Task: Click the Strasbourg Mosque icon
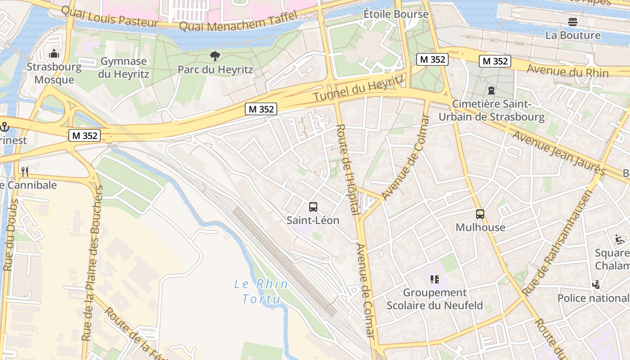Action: [54, 54]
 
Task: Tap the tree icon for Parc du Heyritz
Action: [215, 56]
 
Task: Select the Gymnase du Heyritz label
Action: [123, 67]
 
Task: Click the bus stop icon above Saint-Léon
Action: [313, 207]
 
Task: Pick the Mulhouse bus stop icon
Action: [480, 214]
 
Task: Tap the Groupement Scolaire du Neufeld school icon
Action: [434, 279]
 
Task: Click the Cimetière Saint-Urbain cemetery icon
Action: [491, 90]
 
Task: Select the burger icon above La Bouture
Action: [572, 22]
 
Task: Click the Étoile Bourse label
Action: [396, 14]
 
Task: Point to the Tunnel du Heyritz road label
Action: [358, 88]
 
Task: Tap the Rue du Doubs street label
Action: [10, 235]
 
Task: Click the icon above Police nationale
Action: [596, 284]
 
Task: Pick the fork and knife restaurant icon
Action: [25, 171]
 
